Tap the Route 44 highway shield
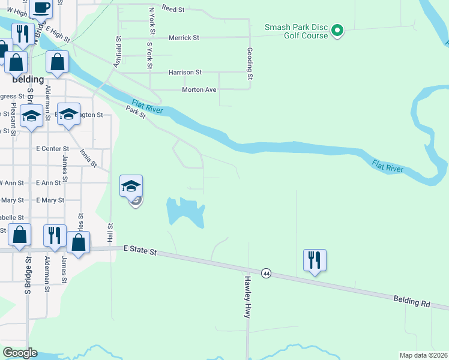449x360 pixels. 266,273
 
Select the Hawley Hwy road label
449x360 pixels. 246,296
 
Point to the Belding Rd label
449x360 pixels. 412,301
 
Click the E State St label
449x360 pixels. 140,251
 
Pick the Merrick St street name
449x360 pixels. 184,37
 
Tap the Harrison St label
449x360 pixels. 185,72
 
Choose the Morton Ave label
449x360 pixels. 199,90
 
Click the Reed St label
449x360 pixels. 173,10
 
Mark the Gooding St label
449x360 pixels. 250,64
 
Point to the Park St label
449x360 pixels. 136,112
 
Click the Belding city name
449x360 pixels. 28,79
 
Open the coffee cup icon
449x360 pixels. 41,8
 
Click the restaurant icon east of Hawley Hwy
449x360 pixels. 315,260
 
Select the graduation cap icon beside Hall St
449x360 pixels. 131,185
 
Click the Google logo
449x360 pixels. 20,353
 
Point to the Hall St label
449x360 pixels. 110,234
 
